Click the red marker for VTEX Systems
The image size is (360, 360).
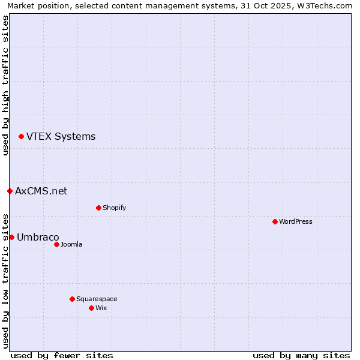pos(21,137)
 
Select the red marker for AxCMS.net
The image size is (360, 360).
pos(10,191)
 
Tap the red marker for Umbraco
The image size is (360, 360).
pos(11,238)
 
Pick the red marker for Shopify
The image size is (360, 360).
pos(98,208)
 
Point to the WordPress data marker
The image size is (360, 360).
pos(275,222)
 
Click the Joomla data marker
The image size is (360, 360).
pos(56,244)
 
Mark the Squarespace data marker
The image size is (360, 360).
pos(72,299)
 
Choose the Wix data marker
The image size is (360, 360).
pos(91,308)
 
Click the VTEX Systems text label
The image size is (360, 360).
pos(61,137)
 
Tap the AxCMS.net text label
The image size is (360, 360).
pos(41,191)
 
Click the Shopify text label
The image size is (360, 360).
pos(114,208)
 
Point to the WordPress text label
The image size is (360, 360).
pos(296,222)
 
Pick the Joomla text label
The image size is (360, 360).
pos(71,244)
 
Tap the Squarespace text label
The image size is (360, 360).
pos(97,299)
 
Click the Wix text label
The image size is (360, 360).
pos(101,308)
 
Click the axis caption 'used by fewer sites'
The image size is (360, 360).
pos(62,355)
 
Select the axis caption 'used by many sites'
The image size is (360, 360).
pos(301,355)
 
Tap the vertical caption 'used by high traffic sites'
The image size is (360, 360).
pos(5,85)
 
